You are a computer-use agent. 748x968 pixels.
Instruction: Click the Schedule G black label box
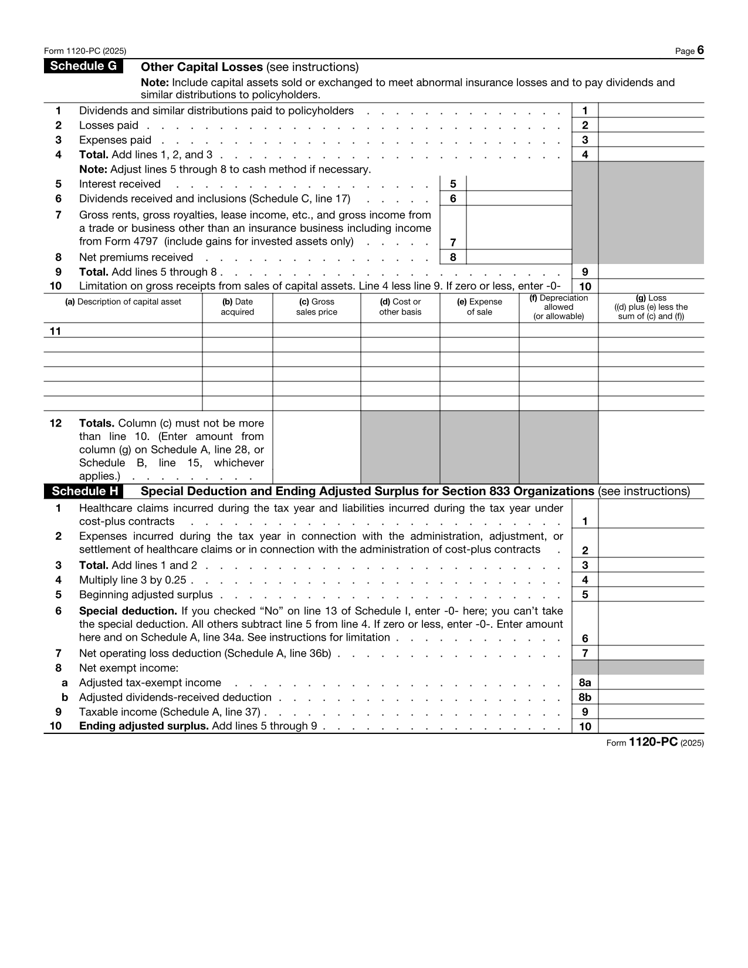83,66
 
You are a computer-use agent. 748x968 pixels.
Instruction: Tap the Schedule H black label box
84,491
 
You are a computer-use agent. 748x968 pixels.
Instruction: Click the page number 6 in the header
700,50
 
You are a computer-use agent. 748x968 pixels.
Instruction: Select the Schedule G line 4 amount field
651,155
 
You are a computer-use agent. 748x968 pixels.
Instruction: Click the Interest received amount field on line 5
519,184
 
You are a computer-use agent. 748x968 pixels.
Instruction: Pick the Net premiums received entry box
519,258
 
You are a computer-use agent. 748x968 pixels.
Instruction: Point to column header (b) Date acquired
237,307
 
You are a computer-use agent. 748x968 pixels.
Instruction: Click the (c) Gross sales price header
316,307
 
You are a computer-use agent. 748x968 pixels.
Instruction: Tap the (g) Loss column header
651,307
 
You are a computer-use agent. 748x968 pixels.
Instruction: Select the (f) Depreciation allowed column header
558,307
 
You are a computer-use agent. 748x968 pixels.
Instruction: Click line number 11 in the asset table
55,331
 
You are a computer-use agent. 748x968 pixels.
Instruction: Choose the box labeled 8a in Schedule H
584,683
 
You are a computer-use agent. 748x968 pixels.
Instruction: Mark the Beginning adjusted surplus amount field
651,595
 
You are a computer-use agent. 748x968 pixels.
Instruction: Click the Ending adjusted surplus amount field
651,727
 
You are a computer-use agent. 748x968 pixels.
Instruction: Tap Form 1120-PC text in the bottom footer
654,742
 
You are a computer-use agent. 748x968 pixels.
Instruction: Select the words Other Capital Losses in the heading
202,67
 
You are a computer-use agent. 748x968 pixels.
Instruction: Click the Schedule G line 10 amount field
651,287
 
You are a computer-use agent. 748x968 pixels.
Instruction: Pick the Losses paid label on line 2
109,126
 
